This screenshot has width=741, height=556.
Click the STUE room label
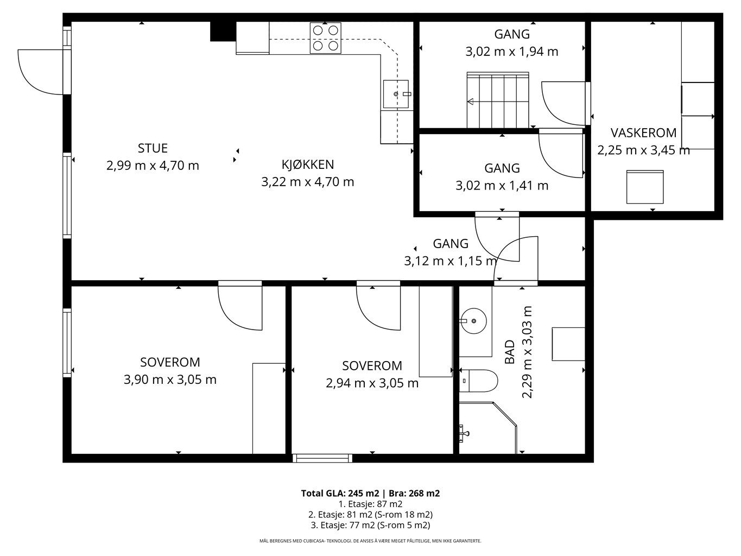153,148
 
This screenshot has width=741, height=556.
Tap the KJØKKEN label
308,165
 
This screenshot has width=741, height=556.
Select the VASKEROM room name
643,132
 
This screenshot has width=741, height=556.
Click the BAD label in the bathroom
509,351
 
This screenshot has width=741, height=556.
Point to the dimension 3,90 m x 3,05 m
170,380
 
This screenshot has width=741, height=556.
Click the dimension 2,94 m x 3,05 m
372,383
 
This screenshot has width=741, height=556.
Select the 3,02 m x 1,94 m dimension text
512,52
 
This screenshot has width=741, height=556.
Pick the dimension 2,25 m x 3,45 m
643,150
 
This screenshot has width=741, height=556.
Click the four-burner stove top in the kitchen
325,38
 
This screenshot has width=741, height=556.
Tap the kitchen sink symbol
396,94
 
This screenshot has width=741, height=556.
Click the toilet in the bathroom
478,381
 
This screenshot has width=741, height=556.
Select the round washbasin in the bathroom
473,321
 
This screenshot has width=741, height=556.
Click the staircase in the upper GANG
498,100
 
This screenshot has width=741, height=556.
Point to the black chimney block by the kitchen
223,31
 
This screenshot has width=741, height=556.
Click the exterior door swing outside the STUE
40,72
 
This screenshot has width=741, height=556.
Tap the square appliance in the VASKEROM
645,187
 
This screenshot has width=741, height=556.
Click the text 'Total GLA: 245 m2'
340,494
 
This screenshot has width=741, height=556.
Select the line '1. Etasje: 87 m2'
370,504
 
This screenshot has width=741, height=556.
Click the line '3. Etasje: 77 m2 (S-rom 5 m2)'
370,525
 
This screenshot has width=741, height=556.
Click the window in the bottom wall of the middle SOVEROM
322,458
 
